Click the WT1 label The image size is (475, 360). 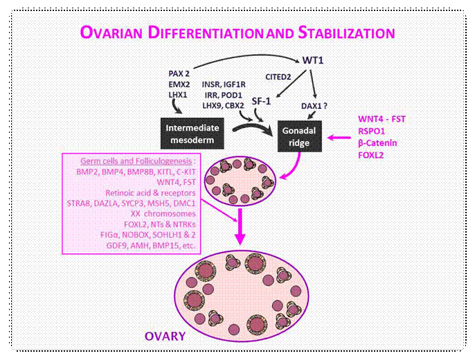pos(313,60)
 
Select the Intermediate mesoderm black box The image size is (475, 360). pos(192,134)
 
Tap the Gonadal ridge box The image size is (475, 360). pos(299,136)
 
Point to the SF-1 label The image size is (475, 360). pos(261,101)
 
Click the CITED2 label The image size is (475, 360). pos(278,77)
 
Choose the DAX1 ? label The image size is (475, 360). pos(314,106)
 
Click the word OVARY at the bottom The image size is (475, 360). pos(165,336)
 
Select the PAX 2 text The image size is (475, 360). pos(179,73)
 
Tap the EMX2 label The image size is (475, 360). pos(179,84)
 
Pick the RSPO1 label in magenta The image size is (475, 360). pos(371,131)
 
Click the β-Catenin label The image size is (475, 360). pos(377,143)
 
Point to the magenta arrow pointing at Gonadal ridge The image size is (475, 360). pos(339,138)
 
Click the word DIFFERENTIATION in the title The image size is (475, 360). pos(206,33)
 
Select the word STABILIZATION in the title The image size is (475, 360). pos(346,33)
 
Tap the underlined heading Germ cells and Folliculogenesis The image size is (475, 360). pos(136,161)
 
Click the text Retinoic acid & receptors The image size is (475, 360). pos(150,193)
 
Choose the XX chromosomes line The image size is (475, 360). pos(163,213)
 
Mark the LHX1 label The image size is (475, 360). pos(178,95)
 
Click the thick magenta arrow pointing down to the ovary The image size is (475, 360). pos(240,226)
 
